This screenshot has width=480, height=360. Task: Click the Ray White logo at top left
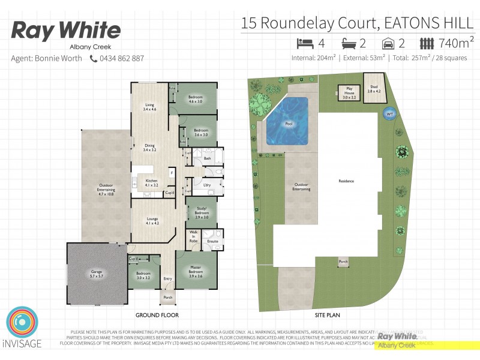(65, 31)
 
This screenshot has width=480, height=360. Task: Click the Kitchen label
(151, 184)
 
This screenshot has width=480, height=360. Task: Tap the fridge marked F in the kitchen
(171, 173)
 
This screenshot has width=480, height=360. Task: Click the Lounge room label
(152, 221)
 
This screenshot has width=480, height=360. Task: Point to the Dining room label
(149, 148)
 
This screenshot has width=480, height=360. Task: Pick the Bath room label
(207, 158)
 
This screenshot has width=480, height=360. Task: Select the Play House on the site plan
(349, 92)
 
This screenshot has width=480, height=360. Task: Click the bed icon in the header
(305, 43)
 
